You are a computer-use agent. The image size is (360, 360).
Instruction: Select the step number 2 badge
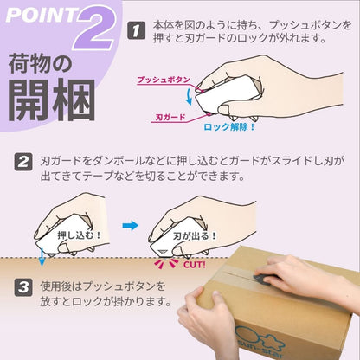pyautogui.click(x=24, y=162)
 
